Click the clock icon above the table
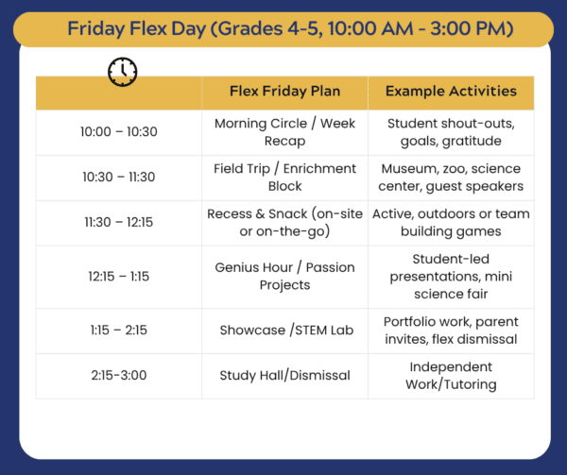(123, 72)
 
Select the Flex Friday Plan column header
(285, 91)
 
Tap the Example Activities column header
(451, 91)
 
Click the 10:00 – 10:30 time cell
(119, 132)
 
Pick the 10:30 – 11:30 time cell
(119, 177)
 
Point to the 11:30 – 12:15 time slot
(119, 222)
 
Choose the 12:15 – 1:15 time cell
(119, 277)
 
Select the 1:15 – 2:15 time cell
(119, 331)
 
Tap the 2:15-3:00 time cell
(119, 375)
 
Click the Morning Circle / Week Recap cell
(285, 132)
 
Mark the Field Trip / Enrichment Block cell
(285, 178)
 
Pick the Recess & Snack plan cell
(285, 223)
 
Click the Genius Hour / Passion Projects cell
(285, 277)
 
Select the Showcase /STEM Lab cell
(286, 331)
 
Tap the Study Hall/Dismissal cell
(285, 375)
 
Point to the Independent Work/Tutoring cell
(451, 376)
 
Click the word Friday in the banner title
(96, 29)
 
